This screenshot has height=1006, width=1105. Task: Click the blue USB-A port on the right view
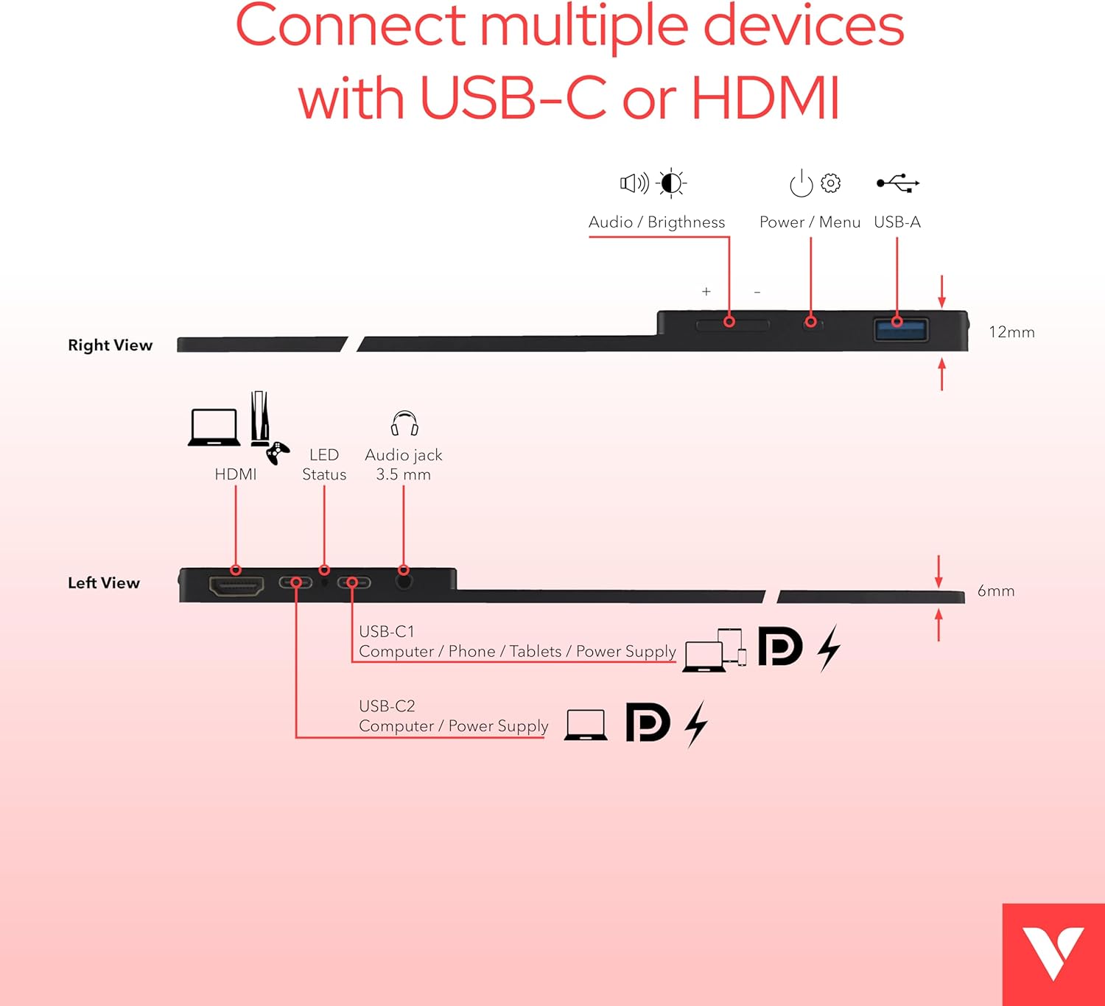[x=900, y=329]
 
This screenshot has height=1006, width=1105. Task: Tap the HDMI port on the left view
[x=236, y=586]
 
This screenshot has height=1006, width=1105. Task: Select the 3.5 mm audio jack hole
[x=404, y=581]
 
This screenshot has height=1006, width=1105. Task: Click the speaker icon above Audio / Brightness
[x=634, y=183]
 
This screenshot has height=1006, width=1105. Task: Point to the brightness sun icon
[x=671, y=183]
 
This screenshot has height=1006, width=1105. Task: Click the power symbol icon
[x=801, y=183]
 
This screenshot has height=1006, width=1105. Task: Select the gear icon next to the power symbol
[x=831, y=183]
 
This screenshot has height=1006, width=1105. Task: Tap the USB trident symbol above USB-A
[x=898, y=183]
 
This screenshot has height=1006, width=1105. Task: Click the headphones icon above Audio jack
[x=404, y=423]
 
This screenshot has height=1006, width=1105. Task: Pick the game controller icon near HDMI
[x=278, y=453]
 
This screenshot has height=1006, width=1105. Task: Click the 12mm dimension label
[x=1011, y=332]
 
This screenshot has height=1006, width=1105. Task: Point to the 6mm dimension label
[x=995, y=591]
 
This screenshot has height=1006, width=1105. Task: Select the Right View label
[x=110, y=345]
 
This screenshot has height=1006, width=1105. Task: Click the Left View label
[x=104, y=583]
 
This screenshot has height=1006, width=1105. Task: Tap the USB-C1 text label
[x=387, y=631]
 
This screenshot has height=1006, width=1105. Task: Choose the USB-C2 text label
[x=387, y=706]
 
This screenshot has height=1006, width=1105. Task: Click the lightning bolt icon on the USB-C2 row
[x=696, y=724]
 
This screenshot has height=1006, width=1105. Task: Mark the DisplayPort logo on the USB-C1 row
[x=780, y=647]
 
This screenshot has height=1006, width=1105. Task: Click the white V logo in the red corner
[x=1053, y=953]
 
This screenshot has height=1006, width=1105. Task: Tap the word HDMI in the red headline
[x=765, y=97]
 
